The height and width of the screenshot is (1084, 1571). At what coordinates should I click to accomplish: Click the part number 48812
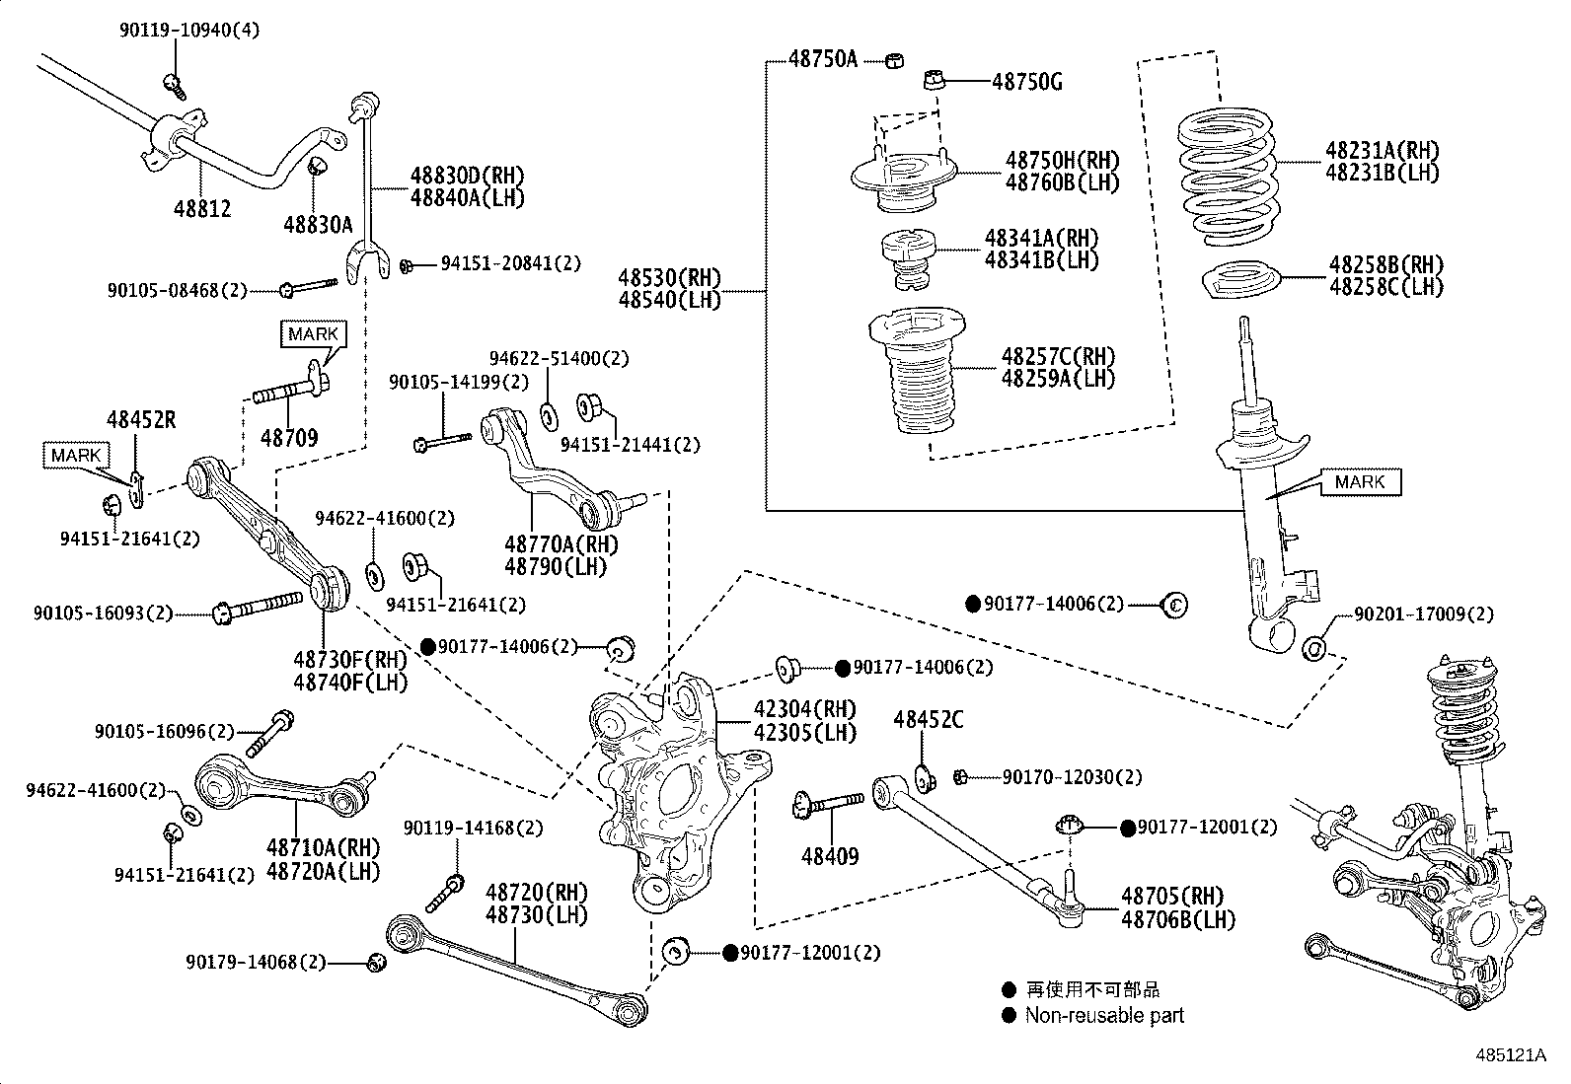pos(202,208)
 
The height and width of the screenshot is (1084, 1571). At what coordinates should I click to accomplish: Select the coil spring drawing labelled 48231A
pos(1229,178)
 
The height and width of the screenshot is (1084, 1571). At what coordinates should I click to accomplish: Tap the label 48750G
pos(1026,82)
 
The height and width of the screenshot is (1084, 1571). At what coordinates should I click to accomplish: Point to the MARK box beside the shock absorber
pos(1359,481)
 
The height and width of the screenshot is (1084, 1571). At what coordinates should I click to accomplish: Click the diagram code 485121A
pos(1510,1055)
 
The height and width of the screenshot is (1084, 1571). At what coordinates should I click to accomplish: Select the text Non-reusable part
pos(1103,1016)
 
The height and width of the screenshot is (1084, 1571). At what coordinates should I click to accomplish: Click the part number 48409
pos(829,856)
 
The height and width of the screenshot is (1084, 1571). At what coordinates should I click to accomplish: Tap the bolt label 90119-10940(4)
pos(189,31)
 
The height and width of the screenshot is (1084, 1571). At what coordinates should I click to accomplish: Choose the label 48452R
pos(141,420)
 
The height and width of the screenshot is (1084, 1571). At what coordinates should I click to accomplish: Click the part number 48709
pos(289,437)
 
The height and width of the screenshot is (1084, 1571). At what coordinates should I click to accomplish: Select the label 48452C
pos(928,720)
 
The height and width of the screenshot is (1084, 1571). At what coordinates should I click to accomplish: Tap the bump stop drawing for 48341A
pos(908,259)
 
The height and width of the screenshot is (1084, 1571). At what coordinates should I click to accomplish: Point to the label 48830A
pos(318,225)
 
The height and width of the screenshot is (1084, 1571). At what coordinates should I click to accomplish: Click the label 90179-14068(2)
pos(255,961)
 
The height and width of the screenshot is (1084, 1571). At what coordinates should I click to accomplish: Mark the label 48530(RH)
pos(669,276)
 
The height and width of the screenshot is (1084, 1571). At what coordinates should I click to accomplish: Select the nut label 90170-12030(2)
pos(1071,777)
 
